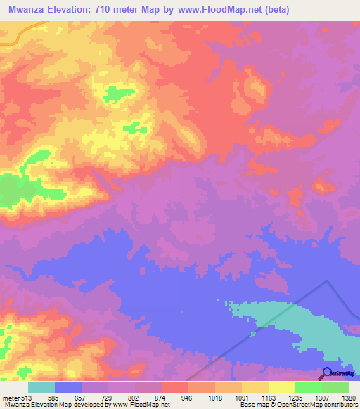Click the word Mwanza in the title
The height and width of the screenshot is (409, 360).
(30, 10)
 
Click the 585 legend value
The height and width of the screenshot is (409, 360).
(53, 397)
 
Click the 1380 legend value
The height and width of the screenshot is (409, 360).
(348, 397)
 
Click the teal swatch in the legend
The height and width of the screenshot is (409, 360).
(41, 387)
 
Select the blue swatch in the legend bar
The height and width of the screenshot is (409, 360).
(68, 387)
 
